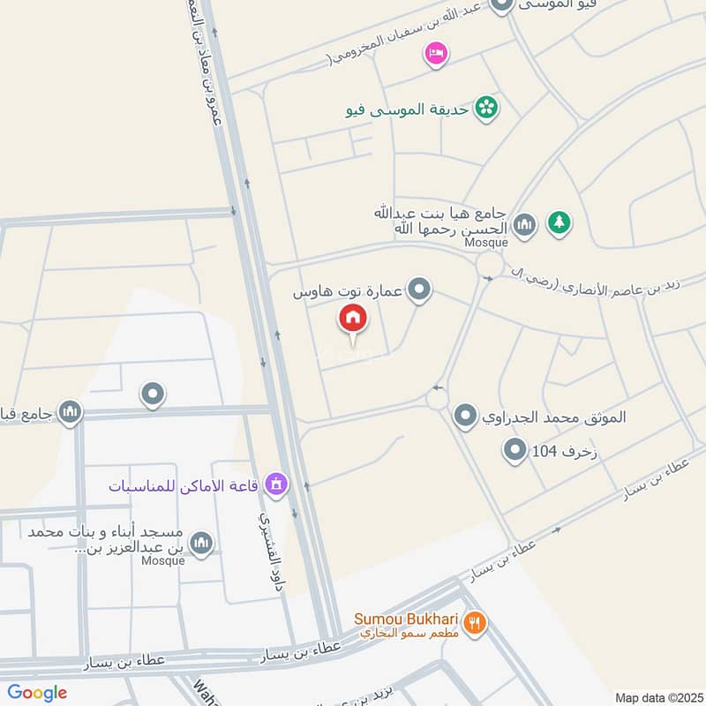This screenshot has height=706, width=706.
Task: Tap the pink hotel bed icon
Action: [436, 54]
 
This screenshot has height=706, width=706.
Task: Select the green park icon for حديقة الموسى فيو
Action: [485, 109]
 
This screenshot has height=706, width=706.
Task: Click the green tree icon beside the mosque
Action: [558, 222]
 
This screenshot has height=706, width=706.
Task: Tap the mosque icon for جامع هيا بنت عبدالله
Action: [525, 224]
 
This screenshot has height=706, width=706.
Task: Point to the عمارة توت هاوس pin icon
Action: [421, 289]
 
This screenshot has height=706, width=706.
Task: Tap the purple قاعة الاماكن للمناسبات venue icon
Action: [277, 484]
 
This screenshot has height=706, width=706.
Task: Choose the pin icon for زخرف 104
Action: [514, 453]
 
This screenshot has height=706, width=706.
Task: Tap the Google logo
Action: [37, 693]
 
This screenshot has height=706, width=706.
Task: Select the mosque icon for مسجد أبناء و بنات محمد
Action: [202, 542]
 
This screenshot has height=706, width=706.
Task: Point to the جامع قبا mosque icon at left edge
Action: [70, 411]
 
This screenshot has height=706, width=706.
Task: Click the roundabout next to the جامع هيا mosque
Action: [488, 265]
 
